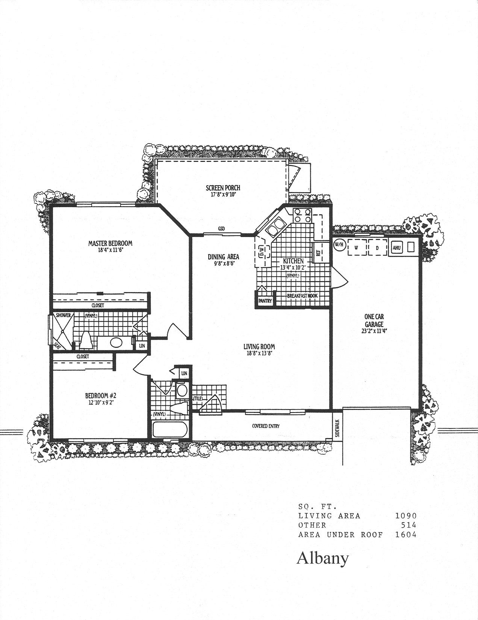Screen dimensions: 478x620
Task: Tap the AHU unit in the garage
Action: (397, 247)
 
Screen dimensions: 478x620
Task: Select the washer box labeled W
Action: (357, 247)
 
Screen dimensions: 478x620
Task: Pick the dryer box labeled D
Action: (378, 247)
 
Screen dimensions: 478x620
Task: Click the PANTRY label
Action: (265, 301)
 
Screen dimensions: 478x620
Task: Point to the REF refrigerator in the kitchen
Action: (318, 252)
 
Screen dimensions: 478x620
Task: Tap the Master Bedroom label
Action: (110, 243)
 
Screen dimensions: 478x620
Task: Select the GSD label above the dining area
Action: (221, 228)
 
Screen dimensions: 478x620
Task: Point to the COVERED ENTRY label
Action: (266, 426)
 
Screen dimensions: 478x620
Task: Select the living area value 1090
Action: (406, 516)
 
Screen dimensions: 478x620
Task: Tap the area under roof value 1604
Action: (406, 535)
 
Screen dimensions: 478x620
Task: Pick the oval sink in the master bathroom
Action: (116, 342)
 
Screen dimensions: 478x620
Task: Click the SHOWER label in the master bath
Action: (63, 315)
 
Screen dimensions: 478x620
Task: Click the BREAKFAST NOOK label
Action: (302, 296)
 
